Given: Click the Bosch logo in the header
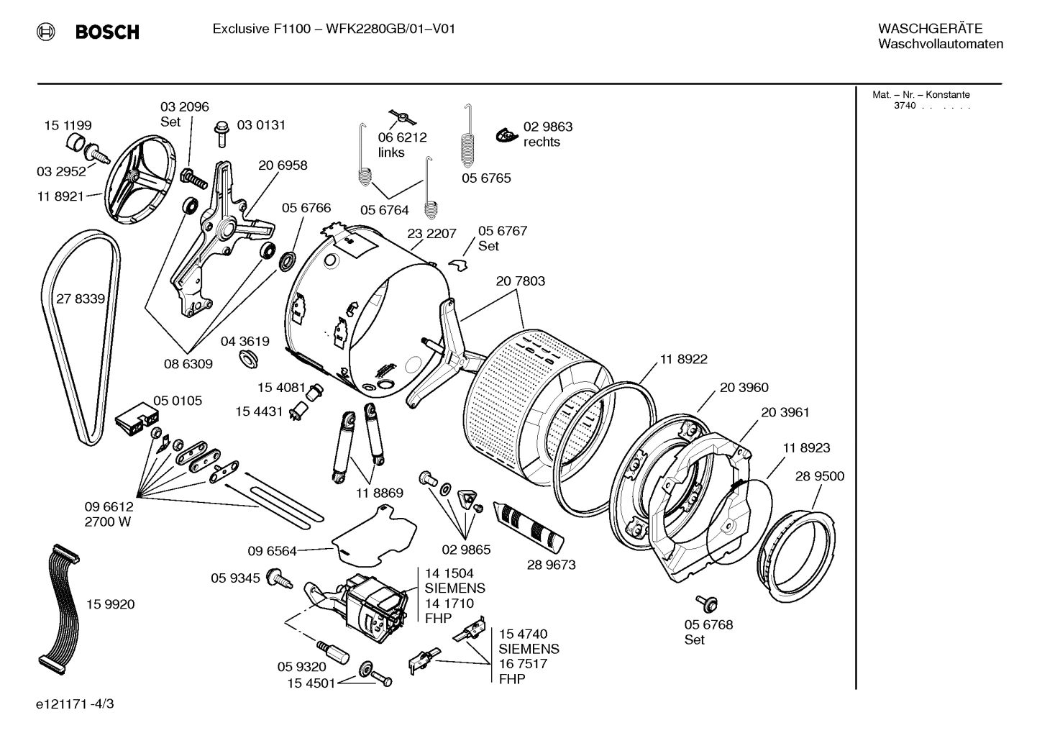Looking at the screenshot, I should pyautogui.click(x=88, y=32).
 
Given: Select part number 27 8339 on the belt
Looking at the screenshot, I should pyautogui.click(x=81, y=299).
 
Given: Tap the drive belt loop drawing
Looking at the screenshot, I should pyautogui.click(x=50, y=345).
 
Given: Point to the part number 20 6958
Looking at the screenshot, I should pyautogui.click(x=283, y=165).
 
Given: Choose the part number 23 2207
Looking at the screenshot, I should pyautogui.click(x=431, y=234).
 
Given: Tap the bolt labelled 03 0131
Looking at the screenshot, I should pyautogui.click(x=221, y=132).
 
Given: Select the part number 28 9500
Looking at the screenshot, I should pyautogui.click(x=820, y=476).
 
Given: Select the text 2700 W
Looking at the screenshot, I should pyautogui.click(x=108, y=522).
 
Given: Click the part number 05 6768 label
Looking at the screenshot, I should pyautogui.click(x=708, y=624).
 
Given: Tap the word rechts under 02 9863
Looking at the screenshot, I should pyautogui.click(x=542, y=142).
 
